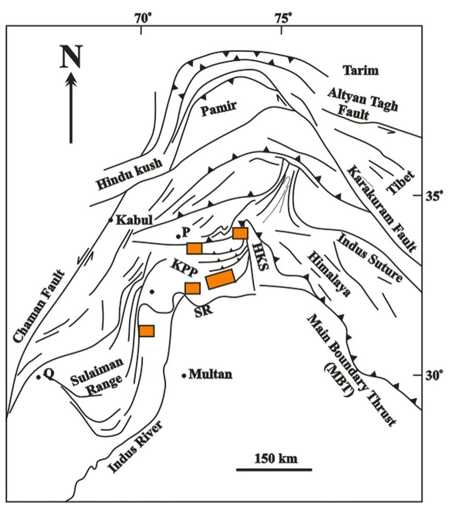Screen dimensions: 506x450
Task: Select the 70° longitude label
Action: (x=142, y=18)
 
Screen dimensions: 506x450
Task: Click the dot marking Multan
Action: (x=184, y=376)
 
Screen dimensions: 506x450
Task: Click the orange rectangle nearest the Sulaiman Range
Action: (x=146, y=331)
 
